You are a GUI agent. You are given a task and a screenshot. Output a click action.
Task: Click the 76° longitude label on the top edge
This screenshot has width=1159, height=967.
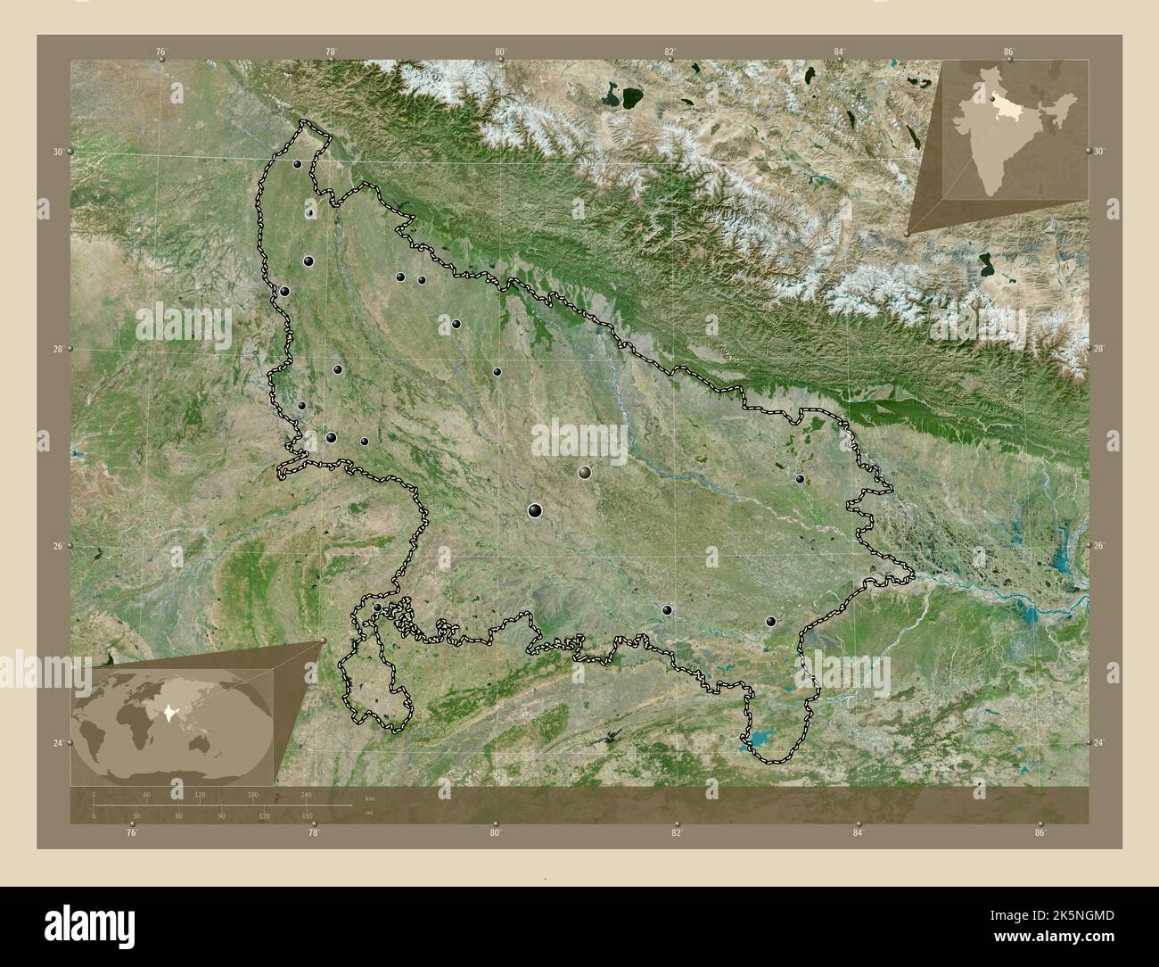tap(160, 53)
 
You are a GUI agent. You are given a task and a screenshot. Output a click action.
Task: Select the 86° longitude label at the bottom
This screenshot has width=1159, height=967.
tap(1040, 834)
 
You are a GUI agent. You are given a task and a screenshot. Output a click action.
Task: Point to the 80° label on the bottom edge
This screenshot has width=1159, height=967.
tap(495, 834)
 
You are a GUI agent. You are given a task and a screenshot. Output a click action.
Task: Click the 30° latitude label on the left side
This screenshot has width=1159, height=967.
tap(57, 152)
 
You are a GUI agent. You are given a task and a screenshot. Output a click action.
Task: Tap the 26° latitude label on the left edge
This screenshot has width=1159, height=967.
tap(57, 546)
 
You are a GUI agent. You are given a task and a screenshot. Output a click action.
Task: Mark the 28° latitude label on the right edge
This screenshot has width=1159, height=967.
tap(1099, 350)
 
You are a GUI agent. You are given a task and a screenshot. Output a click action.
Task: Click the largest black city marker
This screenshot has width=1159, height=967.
tap(534, 510)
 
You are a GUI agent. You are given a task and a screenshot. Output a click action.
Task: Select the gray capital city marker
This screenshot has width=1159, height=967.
tap(585, 472)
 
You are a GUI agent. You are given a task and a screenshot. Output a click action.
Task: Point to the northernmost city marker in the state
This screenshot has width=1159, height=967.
tap(296, 163)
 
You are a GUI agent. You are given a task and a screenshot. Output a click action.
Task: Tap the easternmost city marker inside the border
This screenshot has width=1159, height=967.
tap(800, 479)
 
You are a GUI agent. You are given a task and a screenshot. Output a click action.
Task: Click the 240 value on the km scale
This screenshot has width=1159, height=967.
tap(306, 794)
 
